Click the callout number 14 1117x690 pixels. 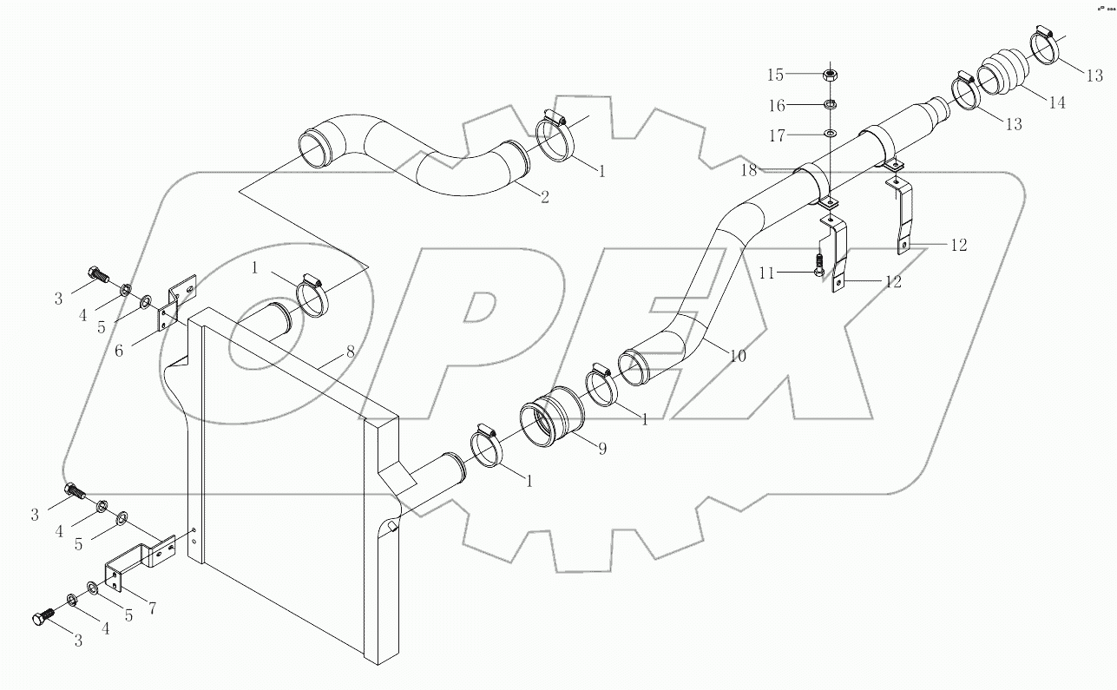pos(1056,102)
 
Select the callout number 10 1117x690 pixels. pos(737,355)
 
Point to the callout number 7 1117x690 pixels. pos(152,608)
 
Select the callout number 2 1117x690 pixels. pos(544,197)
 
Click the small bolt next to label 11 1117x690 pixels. pos(817,265)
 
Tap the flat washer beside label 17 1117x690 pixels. pos(830,135)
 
